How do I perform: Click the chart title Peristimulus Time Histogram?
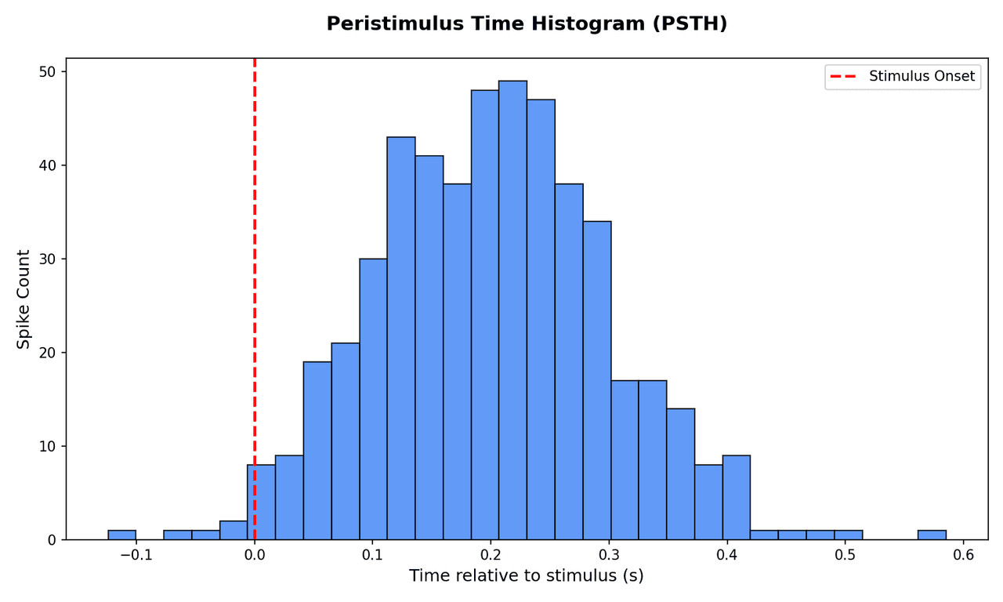[x=527, y=24]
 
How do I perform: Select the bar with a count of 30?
[x=373, y=399]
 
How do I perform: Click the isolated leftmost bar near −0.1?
[x=121, y=535]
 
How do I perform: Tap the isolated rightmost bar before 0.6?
[x=932, y=535]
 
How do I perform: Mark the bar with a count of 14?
[x=681, y=474]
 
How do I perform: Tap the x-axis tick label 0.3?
[x=609, y=555]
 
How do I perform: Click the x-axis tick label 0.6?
[x=963, y=555]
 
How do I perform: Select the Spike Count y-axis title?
[x=24, y=299]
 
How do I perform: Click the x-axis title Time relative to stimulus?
[x=527, y=576]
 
